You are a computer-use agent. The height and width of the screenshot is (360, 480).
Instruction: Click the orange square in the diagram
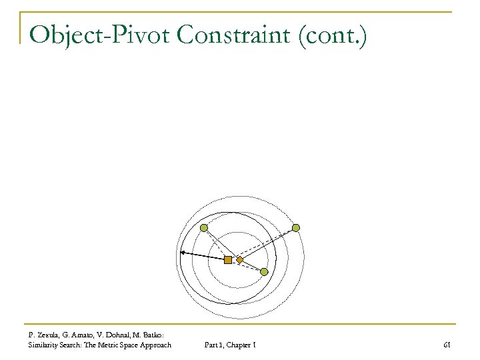coord(228,260)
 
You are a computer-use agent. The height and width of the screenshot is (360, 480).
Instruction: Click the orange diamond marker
coord(240,260)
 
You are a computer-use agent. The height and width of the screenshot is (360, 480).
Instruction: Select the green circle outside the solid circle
coord(296,228)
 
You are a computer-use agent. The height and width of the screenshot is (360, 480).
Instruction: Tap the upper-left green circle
coord(204,228)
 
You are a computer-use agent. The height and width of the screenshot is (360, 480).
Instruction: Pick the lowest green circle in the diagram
coord(264,272)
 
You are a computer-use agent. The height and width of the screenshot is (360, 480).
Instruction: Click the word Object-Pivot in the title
coord(99,34)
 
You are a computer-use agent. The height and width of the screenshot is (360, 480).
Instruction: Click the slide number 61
coord(447,345)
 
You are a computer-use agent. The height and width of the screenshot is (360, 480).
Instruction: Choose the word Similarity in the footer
coord(43,345)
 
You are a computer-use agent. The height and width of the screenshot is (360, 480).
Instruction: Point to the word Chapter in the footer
coord(237,345)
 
